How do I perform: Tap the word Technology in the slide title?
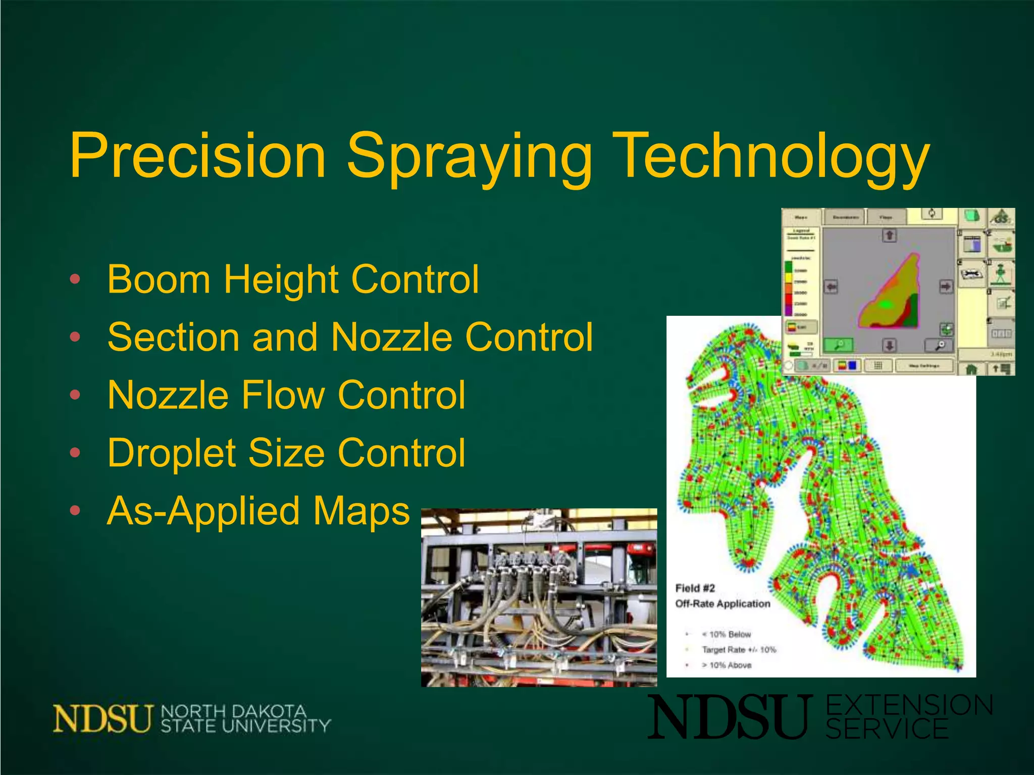pyautogui.click(x=772, y=156)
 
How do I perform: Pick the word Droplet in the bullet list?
pyautogui.click(x=171, y=453)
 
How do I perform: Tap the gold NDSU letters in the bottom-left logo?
pyautogui.click(x=102, y=718)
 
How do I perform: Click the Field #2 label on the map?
pyautogui.click(x=695, y=588)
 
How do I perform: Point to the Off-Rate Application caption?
pyautogui.click(x=722, y=603)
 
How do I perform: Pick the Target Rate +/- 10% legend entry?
pyautogui.click(x=739, y=650)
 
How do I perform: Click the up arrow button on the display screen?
pyautogui.click(x=889, y=235)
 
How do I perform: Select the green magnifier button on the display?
pyautogui.click(x=838, y=345)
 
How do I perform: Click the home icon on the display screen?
pyautogui.click(x=970, y=369)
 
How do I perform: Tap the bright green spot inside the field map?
pyautogui.click(x=886, y=304)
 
